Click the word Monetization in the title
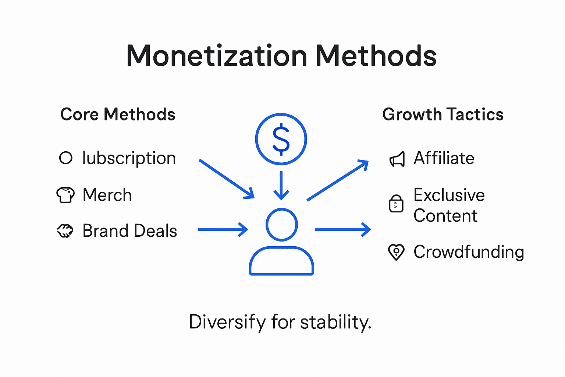[217, 56]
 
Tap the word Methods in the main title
[376, 56]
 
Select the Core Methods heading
[118, 114]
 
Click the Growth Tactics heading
[443, 114]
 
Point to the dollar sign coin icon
[281, 139]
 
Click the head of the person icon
[282, 225]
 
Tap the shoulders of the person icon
[281, 261]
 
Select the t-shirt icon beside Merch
[65, 195]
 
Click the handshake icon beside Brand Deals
[65, 231]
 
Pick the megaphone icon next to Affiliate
[397, 159]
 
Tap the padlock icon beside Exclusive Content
[396, 204]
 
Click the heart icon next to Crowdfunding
[396, 252]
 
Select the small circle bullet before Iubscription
[66, 158]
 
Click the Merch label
[107, 195]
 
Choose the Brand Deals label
[130, 231]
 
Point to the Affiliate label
[444, 158]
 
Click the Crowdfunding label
[469, 252]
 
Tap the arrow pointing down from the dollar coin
[281, 186]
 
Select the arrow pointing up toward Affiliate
[338, 180]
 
